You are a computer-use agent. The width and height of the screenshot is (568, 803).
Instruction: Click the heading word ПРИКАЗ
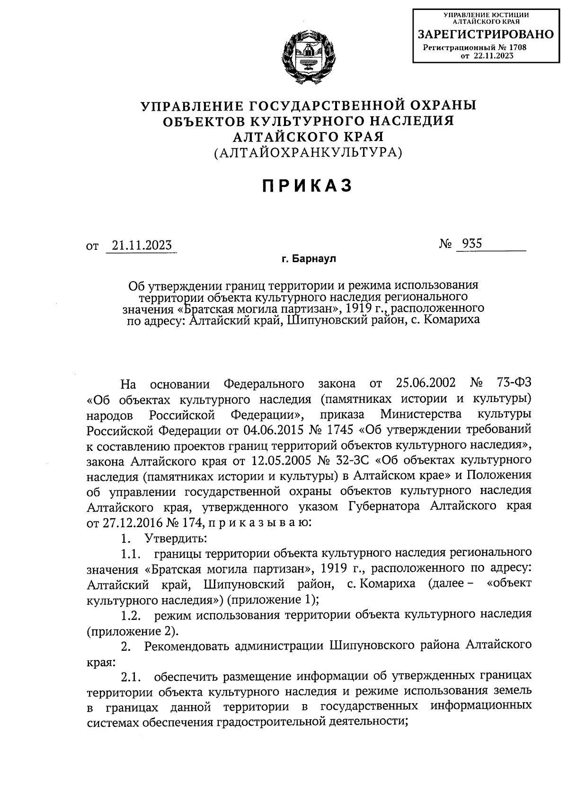308,186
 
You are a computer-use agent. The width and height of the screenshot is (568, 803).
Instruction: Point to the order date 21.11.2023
141,246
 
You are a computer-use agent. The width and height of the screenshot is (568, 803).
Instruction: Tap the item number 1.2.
131,615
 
